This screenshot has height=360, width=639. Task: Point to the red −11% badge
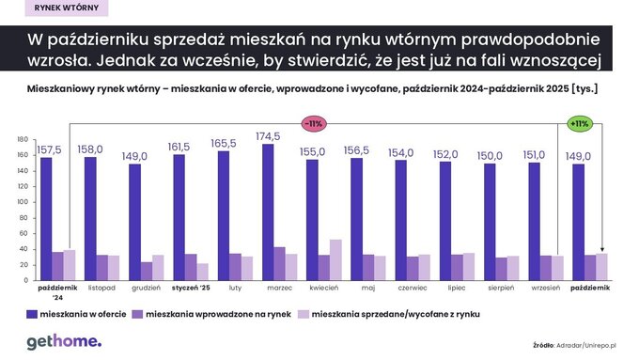(313, 123)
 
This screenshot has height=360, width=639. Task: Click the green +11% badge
(578, 123)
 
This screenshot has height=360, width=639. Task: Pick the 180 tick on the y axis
(22, 140)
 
